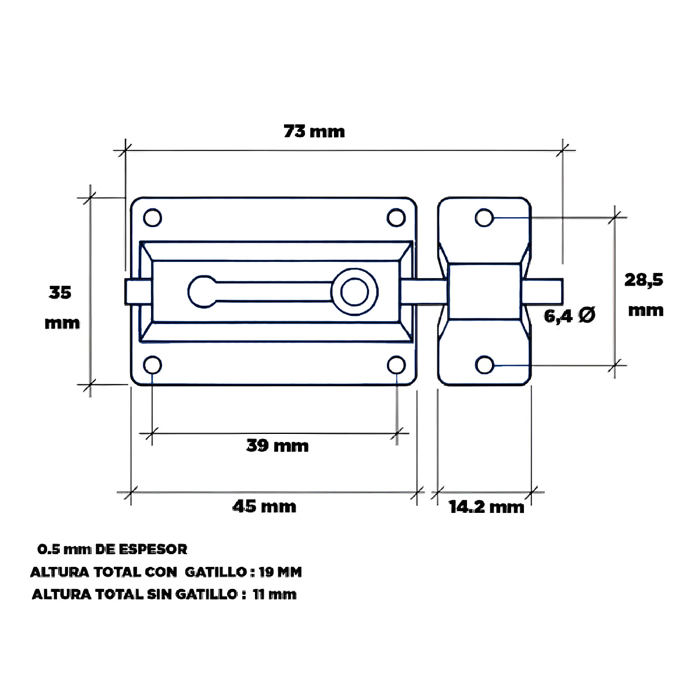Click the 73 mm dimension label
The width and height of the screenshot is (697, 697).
tap(314, 131)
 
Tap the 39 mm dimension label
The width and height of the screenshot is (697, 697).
tap(278, 445)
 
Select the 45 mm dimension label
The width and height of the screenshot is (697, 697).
tap(264, 506)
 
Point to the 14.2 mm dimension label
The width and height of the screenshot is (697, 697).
tap(486, 506)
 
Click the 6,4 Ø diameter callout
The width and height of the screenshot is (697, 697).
tap(570, 315)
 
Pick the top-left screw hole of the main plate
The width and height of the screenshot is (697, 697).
tap(152, 218)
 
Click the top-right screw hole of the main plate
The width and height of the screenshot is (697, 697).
tap(396, 218)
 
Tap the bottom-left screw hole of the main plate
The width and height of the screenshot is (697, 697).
tap(152, 365)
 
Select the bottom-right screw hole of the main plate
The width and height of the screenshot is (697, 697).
tap(396, 365)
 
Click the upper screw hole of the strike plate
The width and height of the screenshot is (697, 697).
tap(484, 218)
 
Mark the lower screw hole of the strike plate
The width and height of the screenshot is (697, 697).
tap(484, 365)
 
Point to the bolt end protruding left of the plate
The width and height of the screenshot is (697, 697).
tap(132, 292)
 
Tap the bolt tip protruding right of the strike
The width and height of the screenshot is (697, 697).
tap(542, 292)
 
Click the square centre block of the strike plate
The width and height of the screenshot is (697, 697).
tap(484, 292)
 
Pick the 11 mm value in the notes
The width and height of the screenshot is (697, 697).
tap(275, 594)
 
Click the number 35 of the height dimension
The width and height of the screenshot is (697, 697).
tap(60, 292)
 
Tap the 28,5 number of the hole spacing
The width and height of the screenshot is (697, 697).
tap(644, 280)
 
